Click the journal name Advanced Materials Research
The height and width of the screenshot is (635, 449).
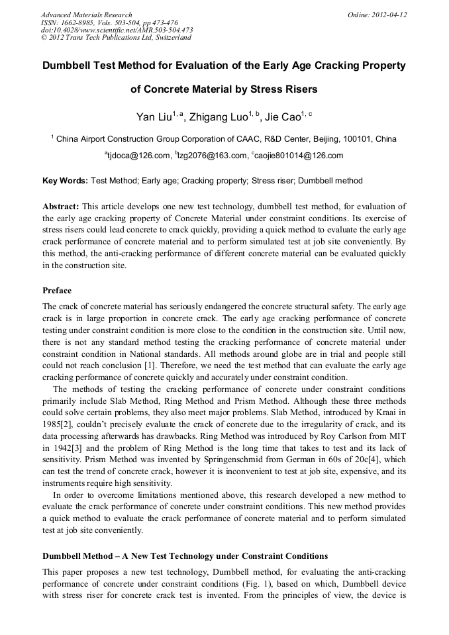[x=86, y=15]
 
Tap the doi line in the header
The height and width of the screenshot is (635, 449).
[x=117, y=30]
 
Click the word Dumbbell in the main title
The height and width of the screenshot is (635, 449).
[x=75, y=66]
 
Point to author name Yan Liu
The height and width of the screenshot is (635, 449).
[x=154, y=118]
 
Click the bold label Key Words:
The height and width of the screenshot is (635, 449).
[x=65, y=181]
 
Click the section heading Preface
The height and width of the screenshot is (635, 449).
[x=57, y=290]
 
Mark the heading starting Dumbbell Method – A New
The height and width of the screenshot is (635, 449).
[x=185, y=555]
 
